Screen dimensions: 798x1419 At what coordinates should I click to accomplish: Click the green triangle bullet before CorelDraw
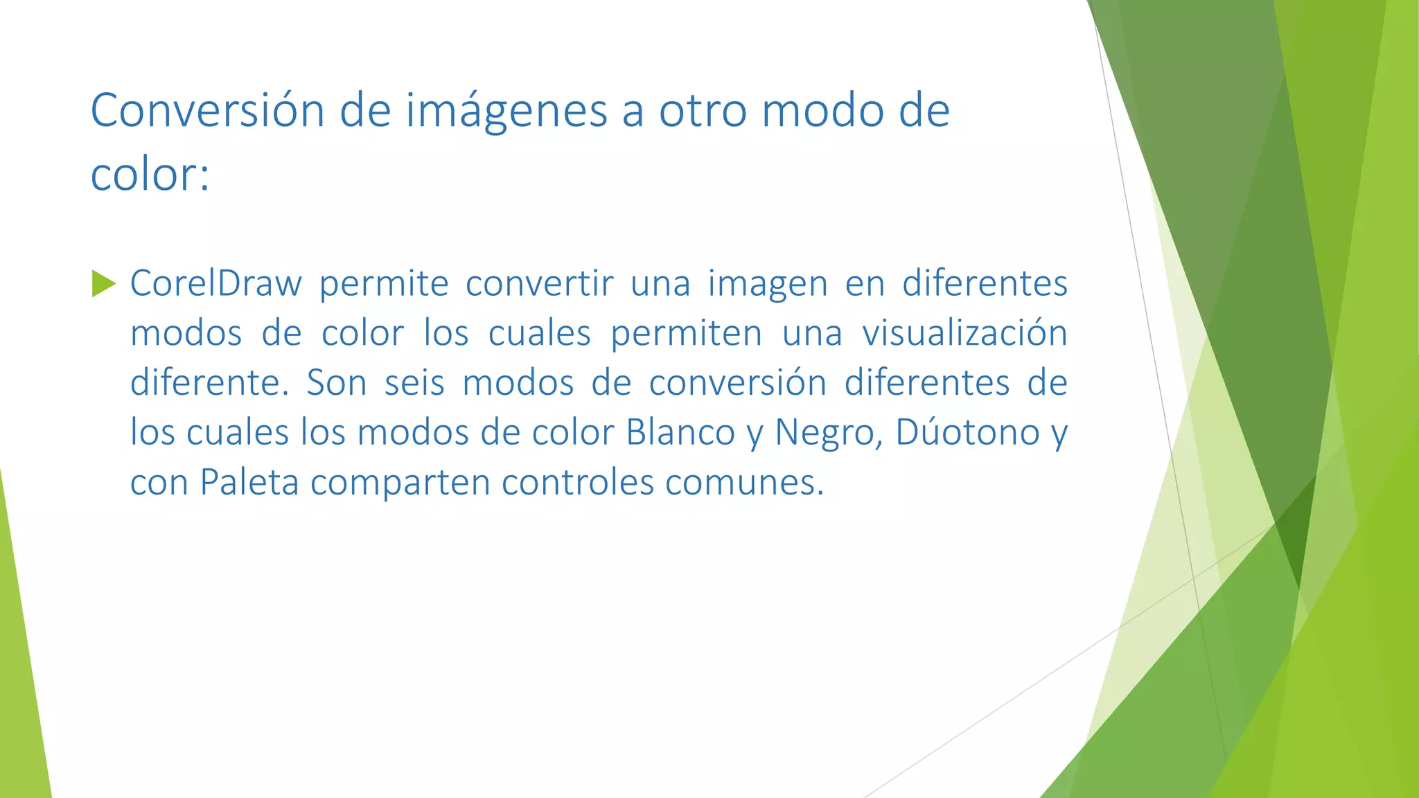click(x=103, y=283)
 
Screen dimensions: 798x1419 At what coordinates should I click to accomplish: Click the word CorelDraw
click(x=216, y=283)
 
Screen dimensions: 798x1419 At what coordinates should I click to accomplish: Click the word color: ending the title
click(x=150, y=174)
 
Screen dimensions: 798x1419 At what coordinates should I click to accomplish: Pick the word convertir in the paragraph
click(x=539, y=283)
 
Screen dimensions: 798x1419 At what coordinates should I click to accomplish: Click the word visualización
click(x=964, y=333)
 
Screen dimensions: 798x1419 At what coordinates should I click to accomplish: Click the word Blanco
click(x=680, y=433)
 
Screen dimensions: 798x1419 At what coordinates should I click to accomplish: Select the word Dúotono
click(x=967, y=433)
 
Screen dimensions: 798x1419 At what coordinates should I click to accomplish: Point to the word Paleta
click(x=249, y=483)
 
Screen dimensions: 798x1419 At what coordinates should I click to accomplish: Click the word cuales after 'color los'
click(x=539, y=333)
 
